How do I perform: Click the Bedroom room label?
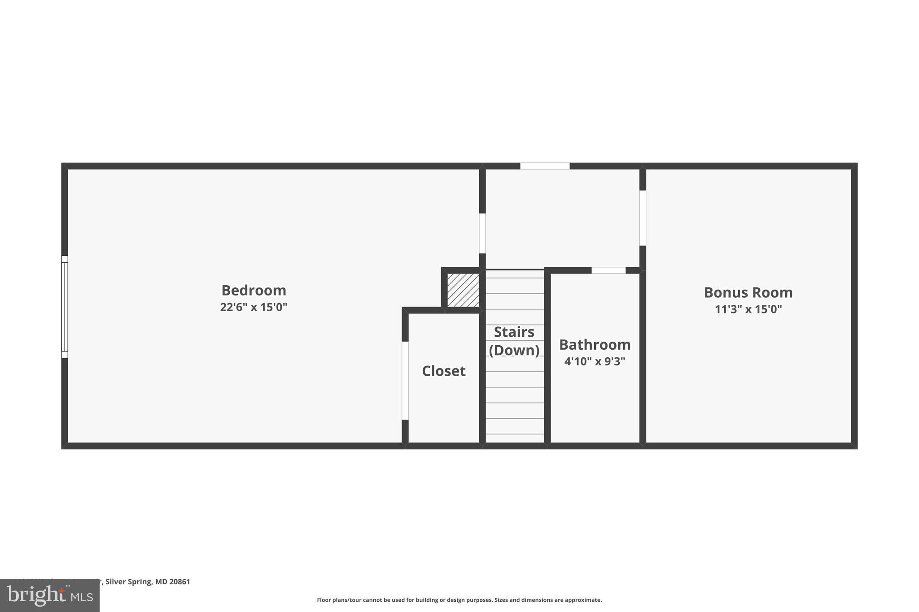pos(254,291)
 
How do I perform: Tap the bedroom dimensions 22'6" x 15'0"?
pos(254,307)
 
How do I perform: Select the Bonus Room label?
pos(748,293)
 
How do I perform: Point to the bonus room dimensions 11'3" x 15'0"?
pos(748,309)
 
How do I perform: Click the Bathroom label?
pos(595,345)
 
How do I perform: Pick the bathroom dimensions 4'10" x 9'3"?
pos(595,361)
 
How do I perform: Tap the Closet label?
pos(443,371)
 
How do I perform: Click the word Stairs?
pos(514,332)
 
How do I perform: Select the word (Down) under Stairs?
pos(514,350)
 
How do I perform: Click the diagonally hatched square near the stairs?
pos(463,291)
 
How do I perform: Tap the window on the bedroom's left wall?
pos(65,307)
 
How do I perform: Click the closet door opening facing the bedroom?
pos(405,381)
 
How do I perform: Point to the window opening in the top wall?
pos(545,166)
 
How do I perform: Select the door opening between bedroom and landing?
pos(482,233)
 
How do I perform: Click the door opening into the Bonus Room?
pos(643,218)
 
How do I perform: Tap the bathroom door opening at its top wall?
pos(608,270)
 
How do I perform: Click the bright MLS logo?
pos(50,595)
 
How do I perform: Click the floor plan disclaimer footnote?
pos(459,600)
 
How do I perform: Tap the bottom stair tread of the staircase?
pos(515,438)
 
